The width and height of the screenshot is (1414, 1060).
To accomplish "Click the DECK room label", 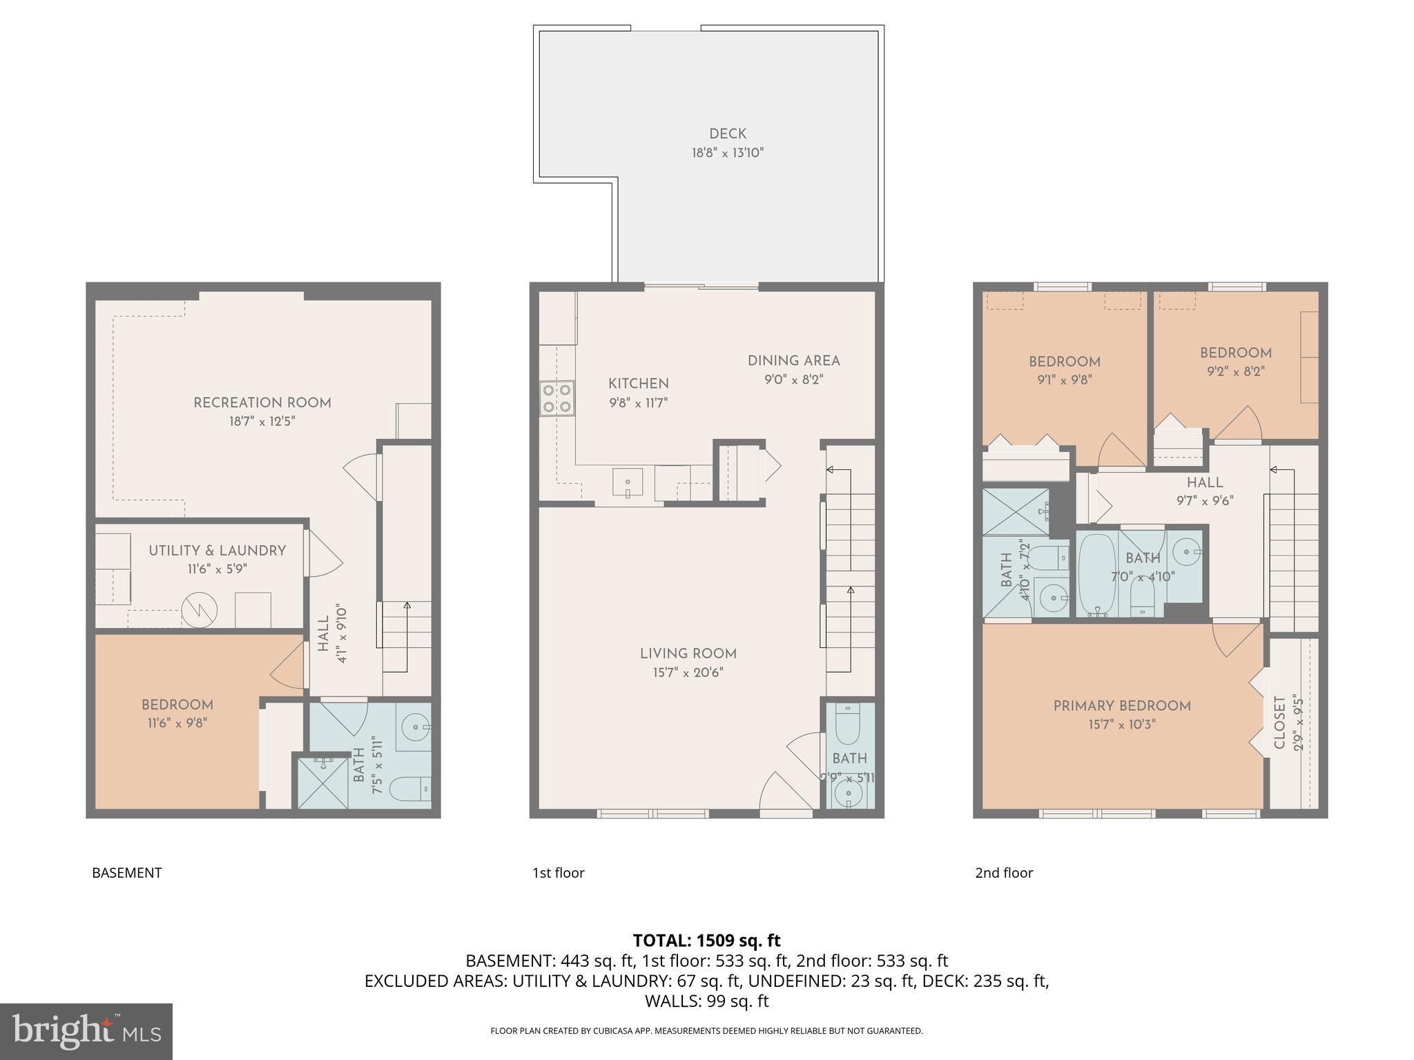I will pos(728,134).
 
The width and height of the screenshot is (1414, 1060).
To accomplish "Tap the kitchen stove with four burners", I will pos(557,399).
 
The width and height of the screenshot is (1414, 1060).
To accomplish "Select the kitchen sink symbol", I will pos(628,482).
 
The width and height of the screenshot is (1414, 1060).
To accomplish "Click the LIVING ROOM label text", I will pos(688,654).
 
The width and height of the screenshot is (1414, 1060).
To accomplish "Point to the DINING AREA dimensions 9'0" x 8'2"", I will pos(793,379).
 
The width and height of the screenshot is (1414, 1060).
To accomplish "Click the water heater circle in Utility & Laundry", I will pos(200,609).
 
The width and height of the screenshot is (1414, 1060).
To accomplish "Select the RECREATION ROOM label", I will pos(262,402).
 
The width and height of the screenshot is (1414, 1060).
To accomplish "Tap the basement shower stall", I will pos(322,783).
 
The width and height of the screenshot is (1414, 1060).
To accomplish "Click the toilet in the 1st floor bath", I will pos(847,725).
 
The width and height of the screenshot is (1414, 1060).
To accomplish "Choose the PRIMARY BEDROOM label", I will pos(1122,706).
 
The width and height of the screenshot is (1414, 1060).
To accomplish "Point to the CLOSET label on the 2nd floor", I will pos(1279,723).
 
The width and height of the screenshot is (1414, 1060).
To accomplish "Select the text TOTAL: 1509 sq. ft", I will pos(706,941).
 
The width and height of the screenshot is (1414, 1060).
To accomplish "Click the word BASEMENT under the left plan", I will pos(127,873).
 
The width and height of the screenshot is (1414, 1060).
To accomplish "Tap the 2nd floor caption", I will pos(1004,873).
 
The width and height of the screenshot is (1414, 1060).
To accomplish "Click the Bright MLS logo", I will pos(86,1032).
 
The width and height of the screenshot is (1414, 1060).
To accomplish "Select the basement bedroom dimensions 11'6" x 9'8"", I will pos(177,723).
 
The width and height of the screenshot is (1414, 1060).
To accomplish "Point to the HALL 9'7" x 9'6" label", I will pos(1205,491).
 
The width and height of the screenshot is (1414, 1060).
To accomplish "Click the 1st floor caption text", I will pos(558,873).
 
